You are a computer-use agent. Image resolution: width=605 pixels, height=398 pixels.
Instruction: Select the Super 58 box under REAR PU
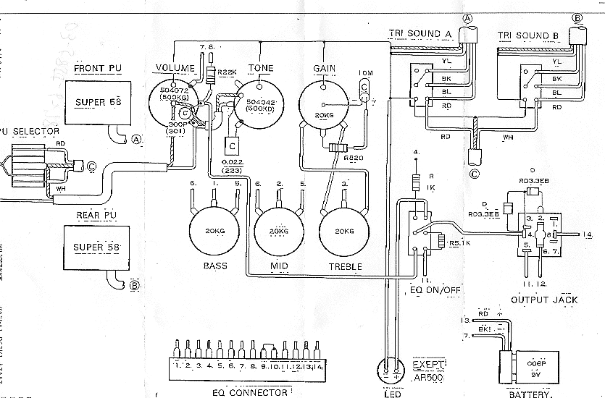[98, 247]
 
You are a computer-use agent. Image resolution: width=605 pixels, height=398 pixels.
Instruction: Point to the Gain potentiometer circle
[322, 104]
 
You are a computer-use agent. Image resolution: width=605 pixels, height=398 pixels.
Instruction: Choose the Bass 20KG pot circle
[215, 231]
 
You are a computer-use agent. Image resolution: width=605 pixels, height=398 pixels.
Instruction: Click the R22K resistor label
[227, 72]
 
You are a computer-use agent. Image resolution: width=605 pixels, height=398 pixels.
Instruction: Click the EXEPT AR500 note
[429, 370]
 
